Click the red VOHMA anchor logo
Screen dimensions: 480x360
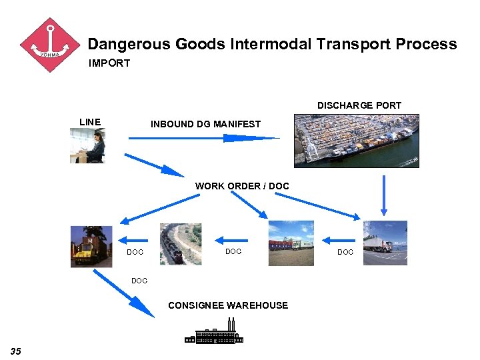click(50, 45)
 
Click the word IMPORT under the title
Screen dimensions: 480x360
click(109, 63)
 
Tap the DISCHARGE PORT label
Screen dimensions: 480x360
click(359, 105)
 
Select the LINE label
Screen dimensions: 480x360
click(90, 122)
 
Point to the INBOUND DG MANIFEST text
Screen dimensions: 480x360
click(205, 124)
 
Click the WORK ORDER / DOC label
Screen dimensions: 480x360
click(242, 186)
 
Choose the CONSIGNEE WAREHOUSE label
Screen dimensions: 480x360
click(228, 305)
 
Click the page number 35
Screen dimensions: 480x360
click(16, 351)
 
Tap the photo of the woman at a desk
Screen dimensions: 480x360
click(87, 145)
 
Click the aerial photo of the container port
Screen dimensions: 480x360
click(356, 141)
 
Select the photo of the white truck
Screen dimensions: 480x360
click(385, 243)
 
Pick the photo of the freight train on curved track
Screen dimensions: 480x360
click(180, 244)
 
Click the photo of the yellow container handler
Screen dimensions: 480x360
click(92, 246)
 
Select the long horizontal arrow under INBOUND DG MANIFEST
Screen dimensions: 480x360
click(203, 138)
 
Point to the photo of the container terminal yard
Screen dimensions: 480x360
click(291, 243)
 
